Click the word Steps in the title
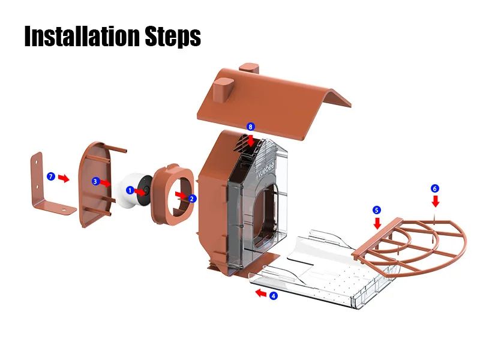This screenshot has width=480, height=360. pyautogui.click(x=173, y=37)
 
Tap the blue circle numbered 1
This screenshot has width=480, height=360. pyautogui.click(x=130, y=190)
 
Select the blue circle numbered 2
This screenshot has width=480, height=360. pyautogui.click(x=192, y=199)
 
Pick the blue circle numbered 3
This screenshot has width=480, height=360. pyautogui.click(x=95, y=182)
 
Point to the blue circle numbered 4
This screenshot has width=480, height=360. pyautogui.click(x=274, y=296)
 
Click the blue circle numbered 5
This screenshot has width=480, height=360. pyautogui.click(x=377, y=210)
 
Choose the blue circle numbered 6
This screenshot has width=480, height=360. pyautogui.click(x=434, y=188)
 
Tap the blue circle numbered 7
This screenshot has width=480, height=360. pyautogui.click(x=51, y=176)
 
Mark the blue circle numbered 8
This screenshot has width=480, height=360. pyautogui.click(x=251, y=127)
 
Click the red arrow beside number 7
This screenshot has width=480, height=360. pyautogui.click(x=64, y=178)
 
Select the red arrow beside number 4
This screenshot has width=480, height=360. pyautogui.click(x=261, y=293)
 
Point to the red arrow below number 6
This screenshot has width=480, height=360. pyautogui.click(x=436, y=201)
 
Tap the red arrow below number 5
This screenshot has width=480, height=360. pyautogui.click(x=377, y=223)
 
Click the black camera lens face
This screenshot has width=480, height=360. pyautogui.click(x=144, y=190)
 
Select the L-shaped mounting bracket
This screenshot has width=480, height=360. pyautogui.click(x=50, y=187)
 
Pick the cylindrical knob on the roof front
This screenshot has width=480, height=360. pyautogui.click(x=223, y=89)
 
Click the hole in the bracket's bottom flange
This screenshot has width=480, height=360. pyautogui.click(x=64, y=210)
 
